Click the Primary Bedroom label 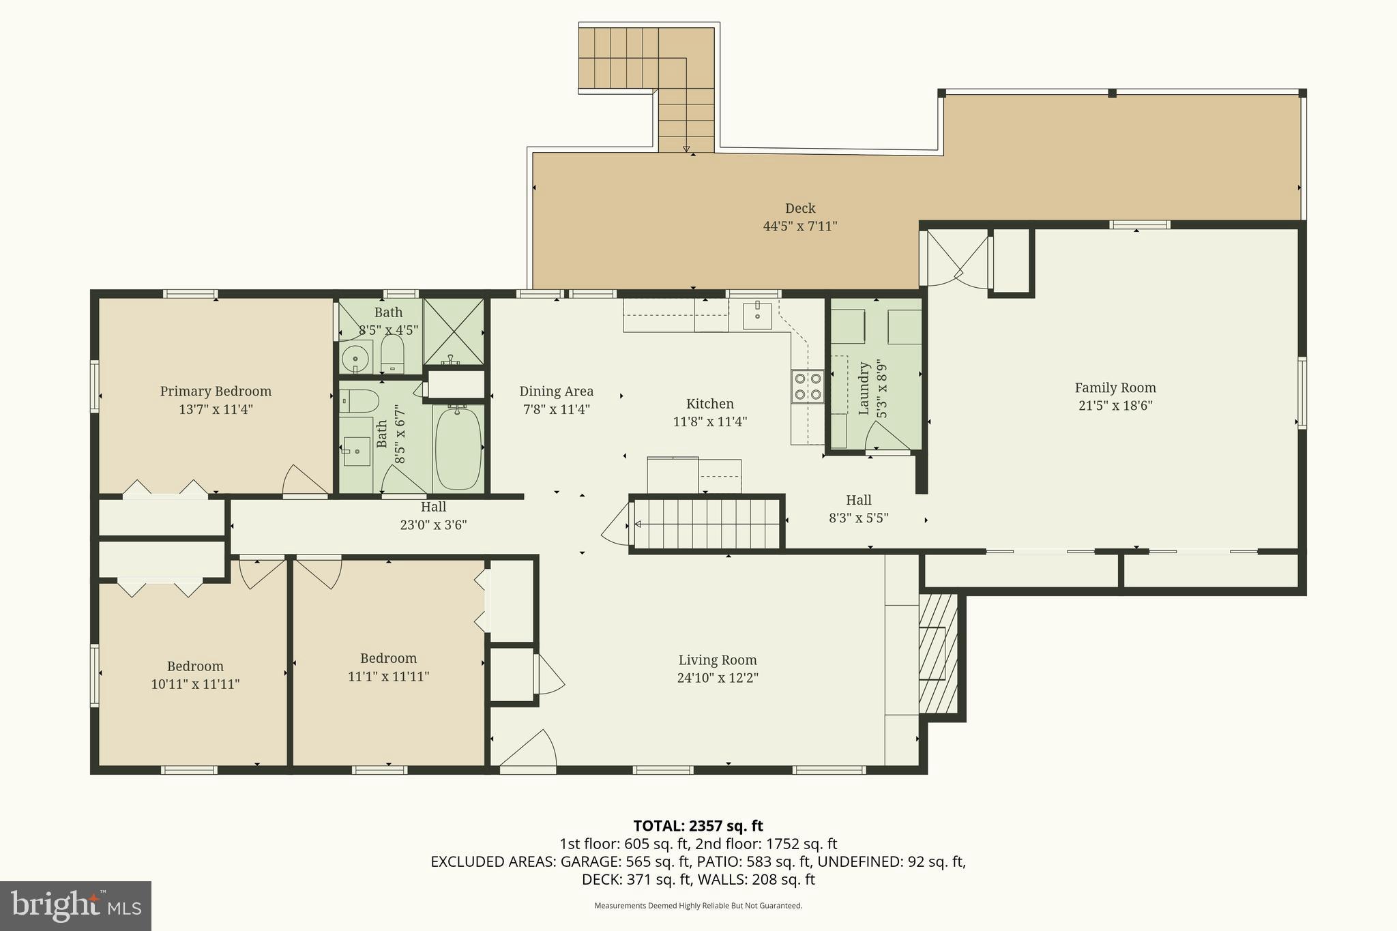[x=216, y=391]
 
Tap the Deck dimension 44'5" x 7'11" [x=799, y=226]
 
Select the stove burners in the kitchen [x=807, y=386]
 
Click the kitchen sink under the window [x=757, y=316]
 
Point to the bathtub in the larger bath [x=458, y=447]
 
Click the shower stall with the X [x=453, y=331]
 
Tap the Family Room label [x=1115, y=388]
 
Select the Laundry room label [x=864, y=388]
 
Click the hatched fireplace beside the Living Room [x=939, y=653]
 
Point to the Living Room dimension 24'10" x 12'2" [x=718, y=678]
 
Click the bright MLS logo [x=76, y=906]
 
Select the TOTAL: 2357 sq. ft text [x=698, y=826]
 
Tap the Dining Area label [x=556, y=391]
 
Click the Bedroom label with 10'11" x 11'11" [x=195, y=666]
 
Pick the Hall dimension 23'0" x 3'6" [x=433, y=525]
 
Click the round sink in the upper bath [x=355, y=357]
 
